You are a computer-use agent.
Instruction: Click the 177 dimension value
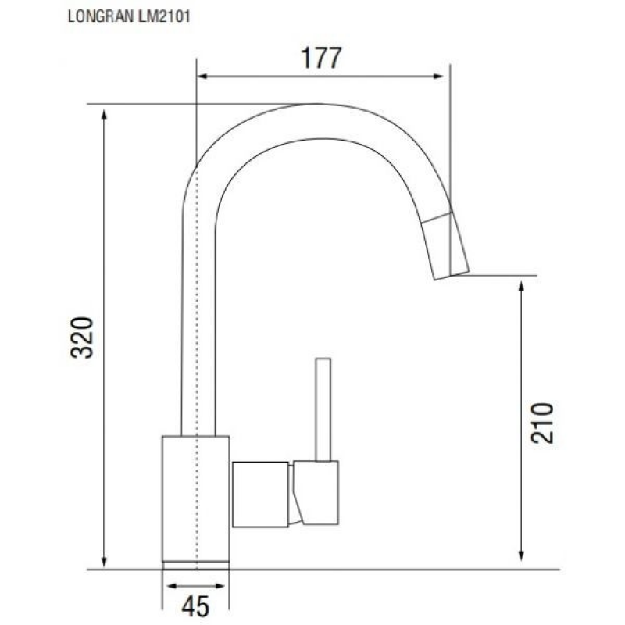[321, 58]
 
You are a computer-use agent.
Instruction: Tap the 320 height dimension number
[82, 337]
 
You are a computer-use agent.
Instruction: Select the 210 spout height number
[542, 423]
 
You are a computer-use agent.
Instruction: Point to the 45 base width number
[195, 607]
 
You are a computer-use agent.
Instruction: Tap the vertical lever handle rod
[323, 409]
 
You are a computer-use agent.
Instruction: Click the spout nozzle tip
[445, 245]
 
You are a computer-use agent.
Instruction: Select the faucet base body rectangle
[196, 498]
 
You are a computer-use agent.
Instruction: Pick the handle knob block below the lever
[316, 493]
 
